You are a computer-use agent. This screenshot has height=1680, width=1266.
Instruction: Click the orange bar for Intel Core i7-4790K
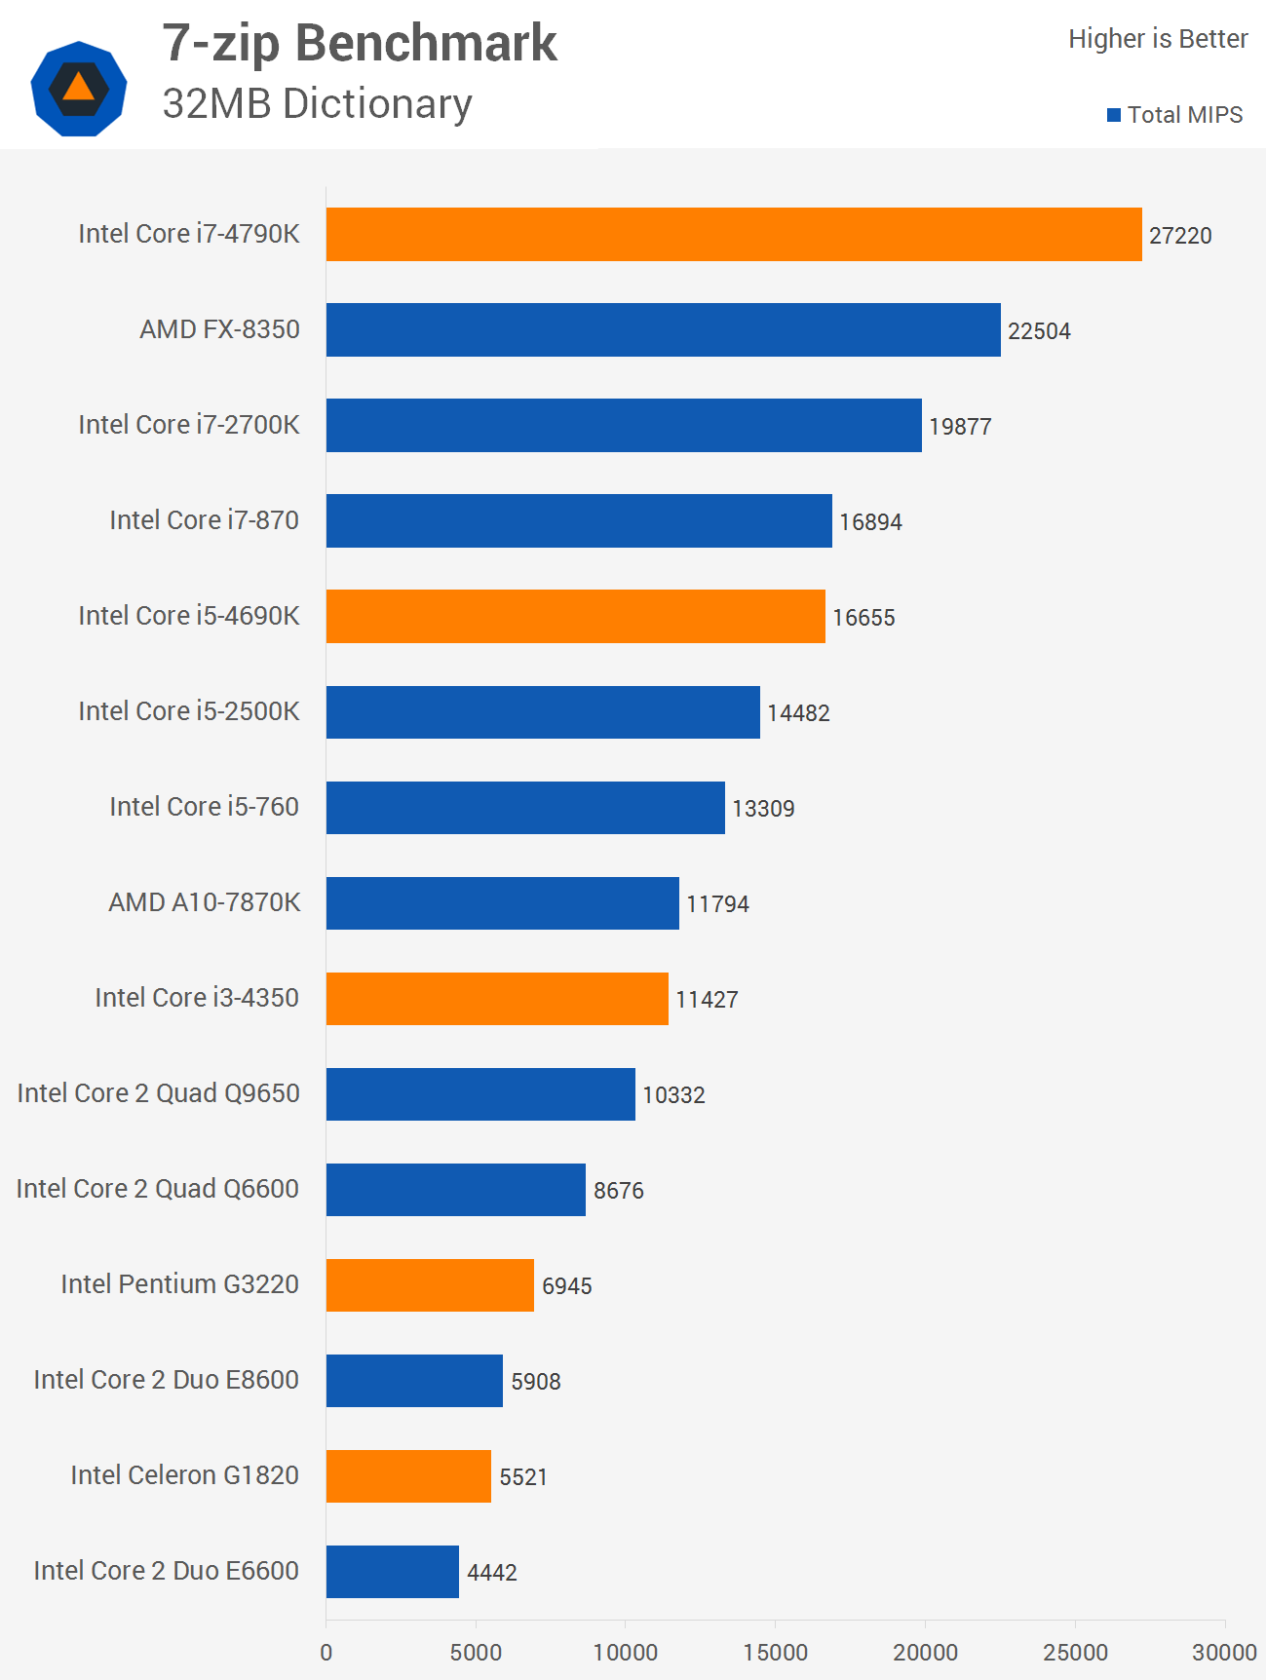click(733, 234)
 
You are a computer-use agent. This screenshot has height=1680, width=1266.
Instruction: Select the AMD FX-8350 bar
click(663, 329)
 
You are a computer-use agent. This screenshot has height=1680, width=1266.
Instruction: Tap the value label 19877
click(960, 427)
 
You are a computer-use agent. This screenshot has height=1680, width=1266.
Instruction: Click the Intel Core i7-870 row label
click(204, 520)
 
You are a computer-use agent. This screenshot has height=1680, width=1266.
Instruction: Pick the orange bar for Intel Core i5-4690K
click(575, 616)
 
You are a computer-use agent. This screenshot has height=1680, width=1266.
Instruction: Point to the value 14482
click(798, 713)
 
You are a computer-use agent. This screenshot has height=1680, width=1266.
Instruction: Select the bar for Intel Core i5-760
click(525, 808)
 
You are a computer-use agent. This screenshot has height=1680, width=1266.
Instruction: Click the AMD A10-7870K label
click(204, 902)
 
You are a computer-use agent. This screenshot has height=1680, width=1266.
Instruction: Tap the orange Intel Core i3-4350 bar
click(497, 999)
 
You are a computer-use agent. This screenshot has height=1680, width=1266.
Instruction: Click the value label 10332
click(673, 1095)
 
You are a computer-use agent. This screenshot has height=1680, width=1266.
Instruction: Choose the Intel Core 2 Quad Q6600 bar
click(455, 1190)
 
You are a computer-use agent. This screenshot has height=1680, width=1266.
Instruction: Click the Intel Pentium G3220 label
click(179, 1284)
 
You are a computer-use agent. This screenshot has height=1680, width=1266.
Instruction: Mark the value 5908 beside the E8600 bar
click(536, 1382)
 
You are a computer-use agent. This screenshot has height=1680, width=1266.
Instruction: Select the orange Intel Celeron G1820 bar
click(408, 1476)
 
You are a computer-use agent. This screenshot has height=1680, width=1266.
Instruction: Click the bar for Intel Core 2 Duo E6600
click(392, 1572)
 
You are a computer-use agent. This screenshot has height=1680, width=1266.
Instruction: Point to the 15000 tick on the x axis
click(775, 1653)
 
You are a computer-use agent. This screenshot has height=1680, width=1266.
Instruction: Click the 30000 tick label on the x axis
click(1224, 1653)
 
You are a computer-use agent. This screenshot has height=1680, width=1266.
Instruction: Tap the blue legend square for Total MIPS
click(1114, 115)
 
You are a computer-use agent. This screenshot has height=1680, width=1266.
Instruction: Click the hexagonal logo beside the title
click(79, 88)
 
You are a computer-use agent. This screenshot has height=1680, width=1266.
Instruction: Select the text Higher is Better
click(1158, 39)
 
